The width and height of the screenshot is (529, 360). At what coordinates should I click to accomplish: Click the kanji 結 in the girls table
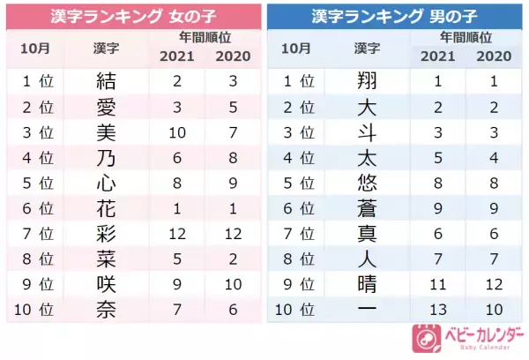(105, 82)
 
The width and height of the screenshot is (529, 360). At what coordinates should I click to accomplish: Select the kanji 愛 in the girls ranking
(105, 108)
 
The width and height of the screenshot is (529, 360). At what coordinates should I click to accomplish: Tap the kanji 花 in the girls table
(105, 209)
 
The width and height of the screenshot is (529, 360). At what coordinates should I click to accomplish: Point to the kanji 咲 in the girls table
(105, 285)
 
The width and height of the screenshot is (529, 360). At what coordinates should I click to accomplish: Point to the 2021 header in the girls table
(176, 56)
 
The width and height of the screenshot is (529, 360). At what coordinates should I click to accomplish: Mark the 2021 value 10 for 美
(176, 133)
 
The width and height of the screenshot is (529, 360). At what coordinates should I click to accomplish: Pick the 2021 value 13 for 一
(438, 311)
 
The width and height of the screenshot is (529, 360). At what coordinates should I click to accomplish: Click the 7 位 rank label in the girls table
(36, 235)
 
